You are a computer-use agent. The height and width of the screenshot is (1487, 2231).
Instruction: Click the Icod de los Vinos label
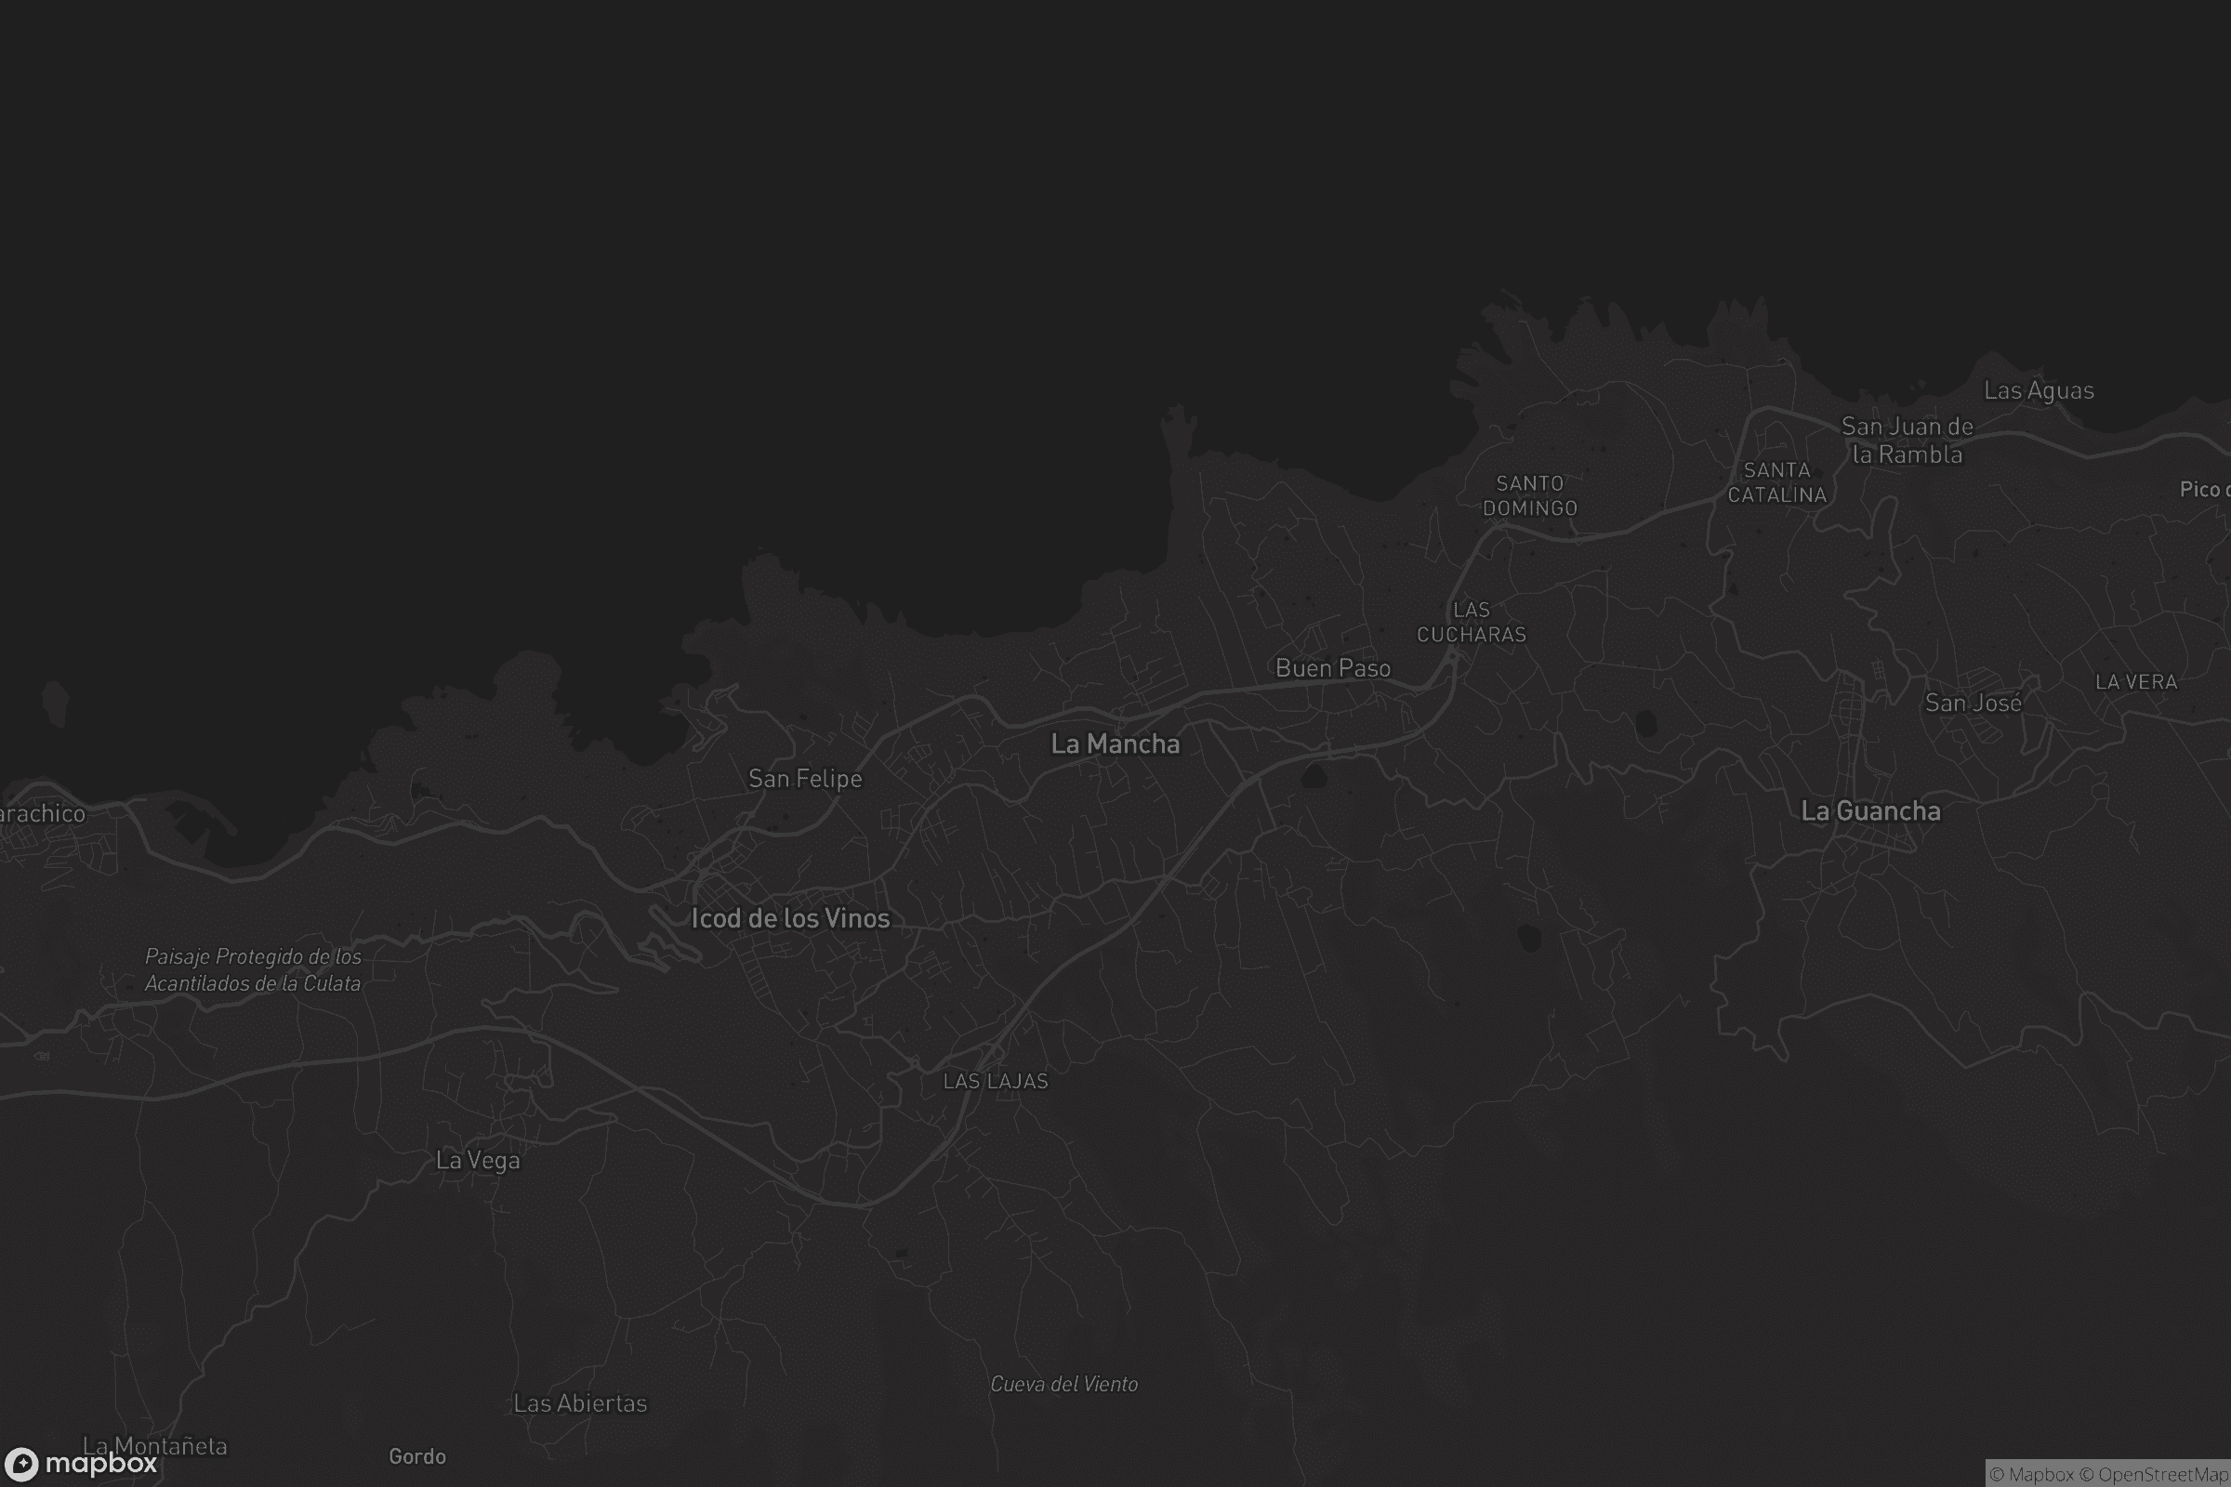(x=790, y=918)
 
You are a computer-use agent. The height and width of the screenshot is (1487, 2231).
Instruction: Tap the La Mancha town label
(x=1115, y=744)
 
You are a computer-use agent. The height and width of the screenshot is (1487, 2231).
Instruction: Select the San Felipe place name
(x=804, y=779)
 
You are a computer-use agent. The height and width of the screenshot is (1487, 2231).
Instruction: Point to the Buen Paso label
(x=1333, y=668)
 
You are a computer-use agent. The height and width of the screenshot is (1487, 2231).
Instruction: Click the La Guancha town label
(x=1869, y=811)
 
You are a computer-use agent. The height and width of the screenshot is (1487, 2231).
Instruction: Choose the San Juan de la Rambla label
(x=1907, y=441)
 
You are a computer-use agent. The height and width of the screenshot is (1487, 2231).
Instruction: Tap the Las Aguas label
(x=2039, y=390)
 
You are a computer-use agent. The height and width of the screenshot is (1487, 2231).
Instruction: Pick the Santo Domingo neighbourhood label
(x=1529, y=496)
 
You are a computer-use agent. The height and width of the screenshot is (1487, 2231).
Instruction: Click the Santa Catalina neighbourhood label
(x=1776, y=482)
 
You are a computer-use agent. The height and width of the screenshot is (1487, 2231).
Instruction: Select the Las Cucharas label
(x=1472, y=622)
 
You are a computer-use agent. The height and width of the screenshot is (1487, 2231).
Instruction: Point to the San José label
(x=1973, y=703)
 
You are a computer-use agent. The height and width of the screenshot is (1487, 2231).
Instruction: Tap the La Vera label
(x=2135, y=682)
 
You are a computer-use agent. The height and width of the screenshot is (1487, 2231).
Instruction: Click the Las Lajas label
(x=995, y=1081)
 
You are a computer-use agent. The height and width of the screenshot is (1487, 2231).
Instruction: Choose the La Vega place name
(x=477, y=1161)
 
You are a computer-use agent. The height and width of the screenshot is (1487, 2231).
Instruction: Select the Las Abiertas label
(x=579, y=1403)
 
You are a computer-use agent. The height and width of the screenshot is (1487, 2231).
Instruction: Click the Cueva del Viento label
(x=1063, y=1385)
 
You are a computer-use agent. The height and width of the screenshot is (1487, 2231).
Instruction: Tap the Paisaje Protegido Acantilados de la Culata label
(x=252, y=970)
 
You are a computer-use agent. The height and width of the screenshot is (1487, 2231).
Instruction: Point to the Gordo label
(x=416, y=1456)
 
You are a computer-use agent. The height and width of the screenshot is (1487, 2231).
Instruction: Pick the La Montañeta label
(x=154, y=1446)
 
